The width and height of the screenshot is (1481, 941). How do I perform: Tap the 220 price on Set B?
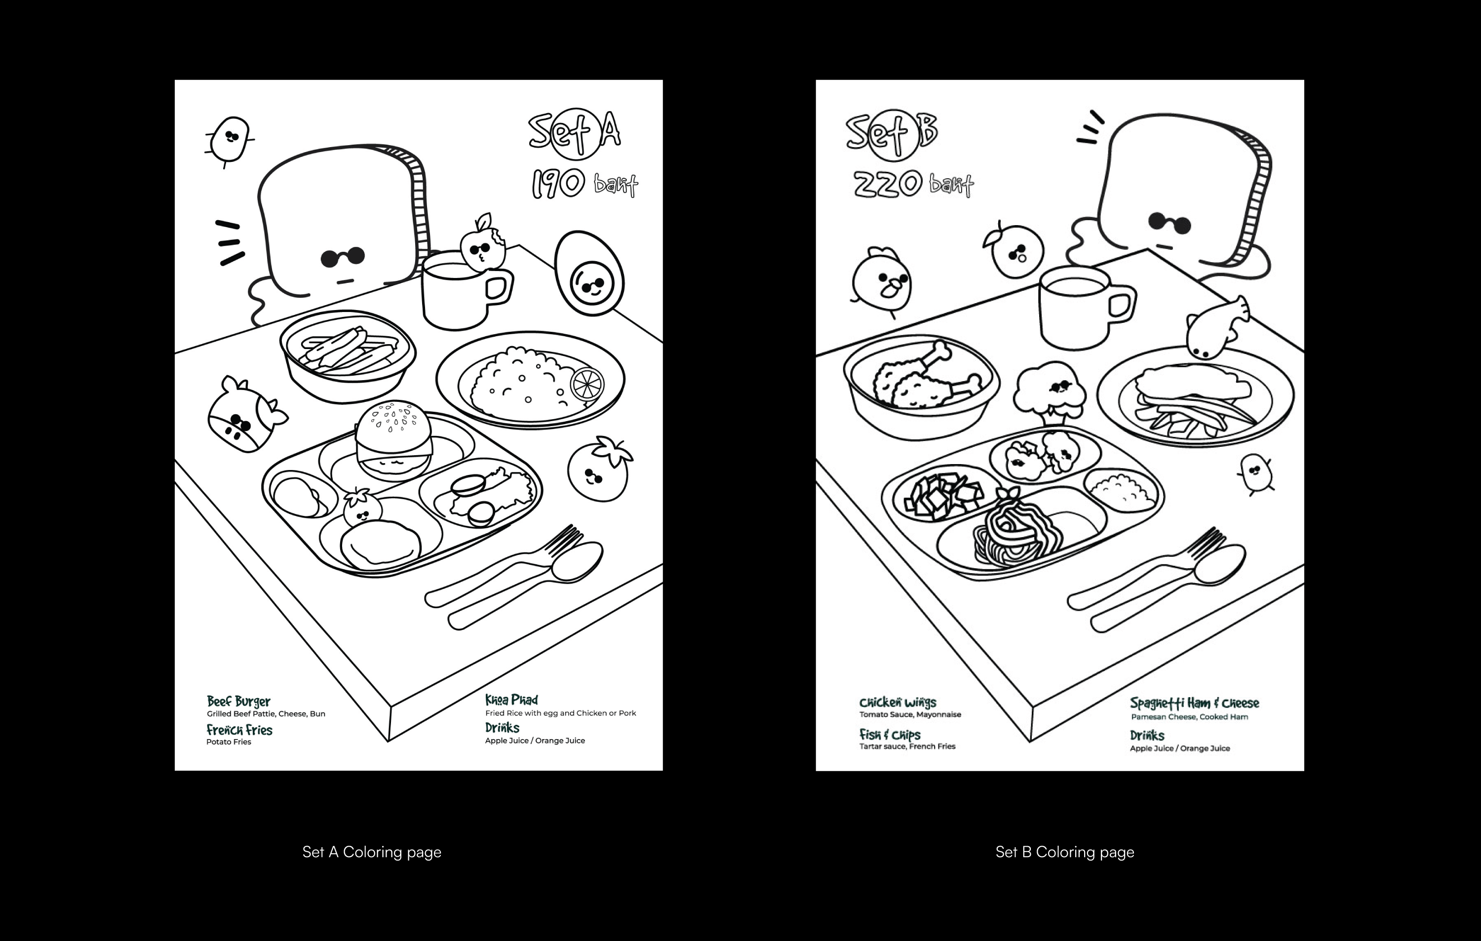888,183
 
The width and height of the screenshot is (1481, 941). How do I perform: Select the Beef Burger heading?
238,701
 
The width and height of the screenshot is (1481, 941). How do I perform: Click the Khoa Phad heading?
511,700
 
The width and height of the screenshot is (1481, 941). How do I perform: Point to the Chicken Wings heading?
897,703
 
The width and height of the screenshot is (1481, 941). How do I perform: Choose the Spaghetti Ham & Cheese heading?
1194,703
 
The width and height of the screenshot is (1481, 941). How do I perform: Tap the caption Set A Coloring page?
371,852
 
